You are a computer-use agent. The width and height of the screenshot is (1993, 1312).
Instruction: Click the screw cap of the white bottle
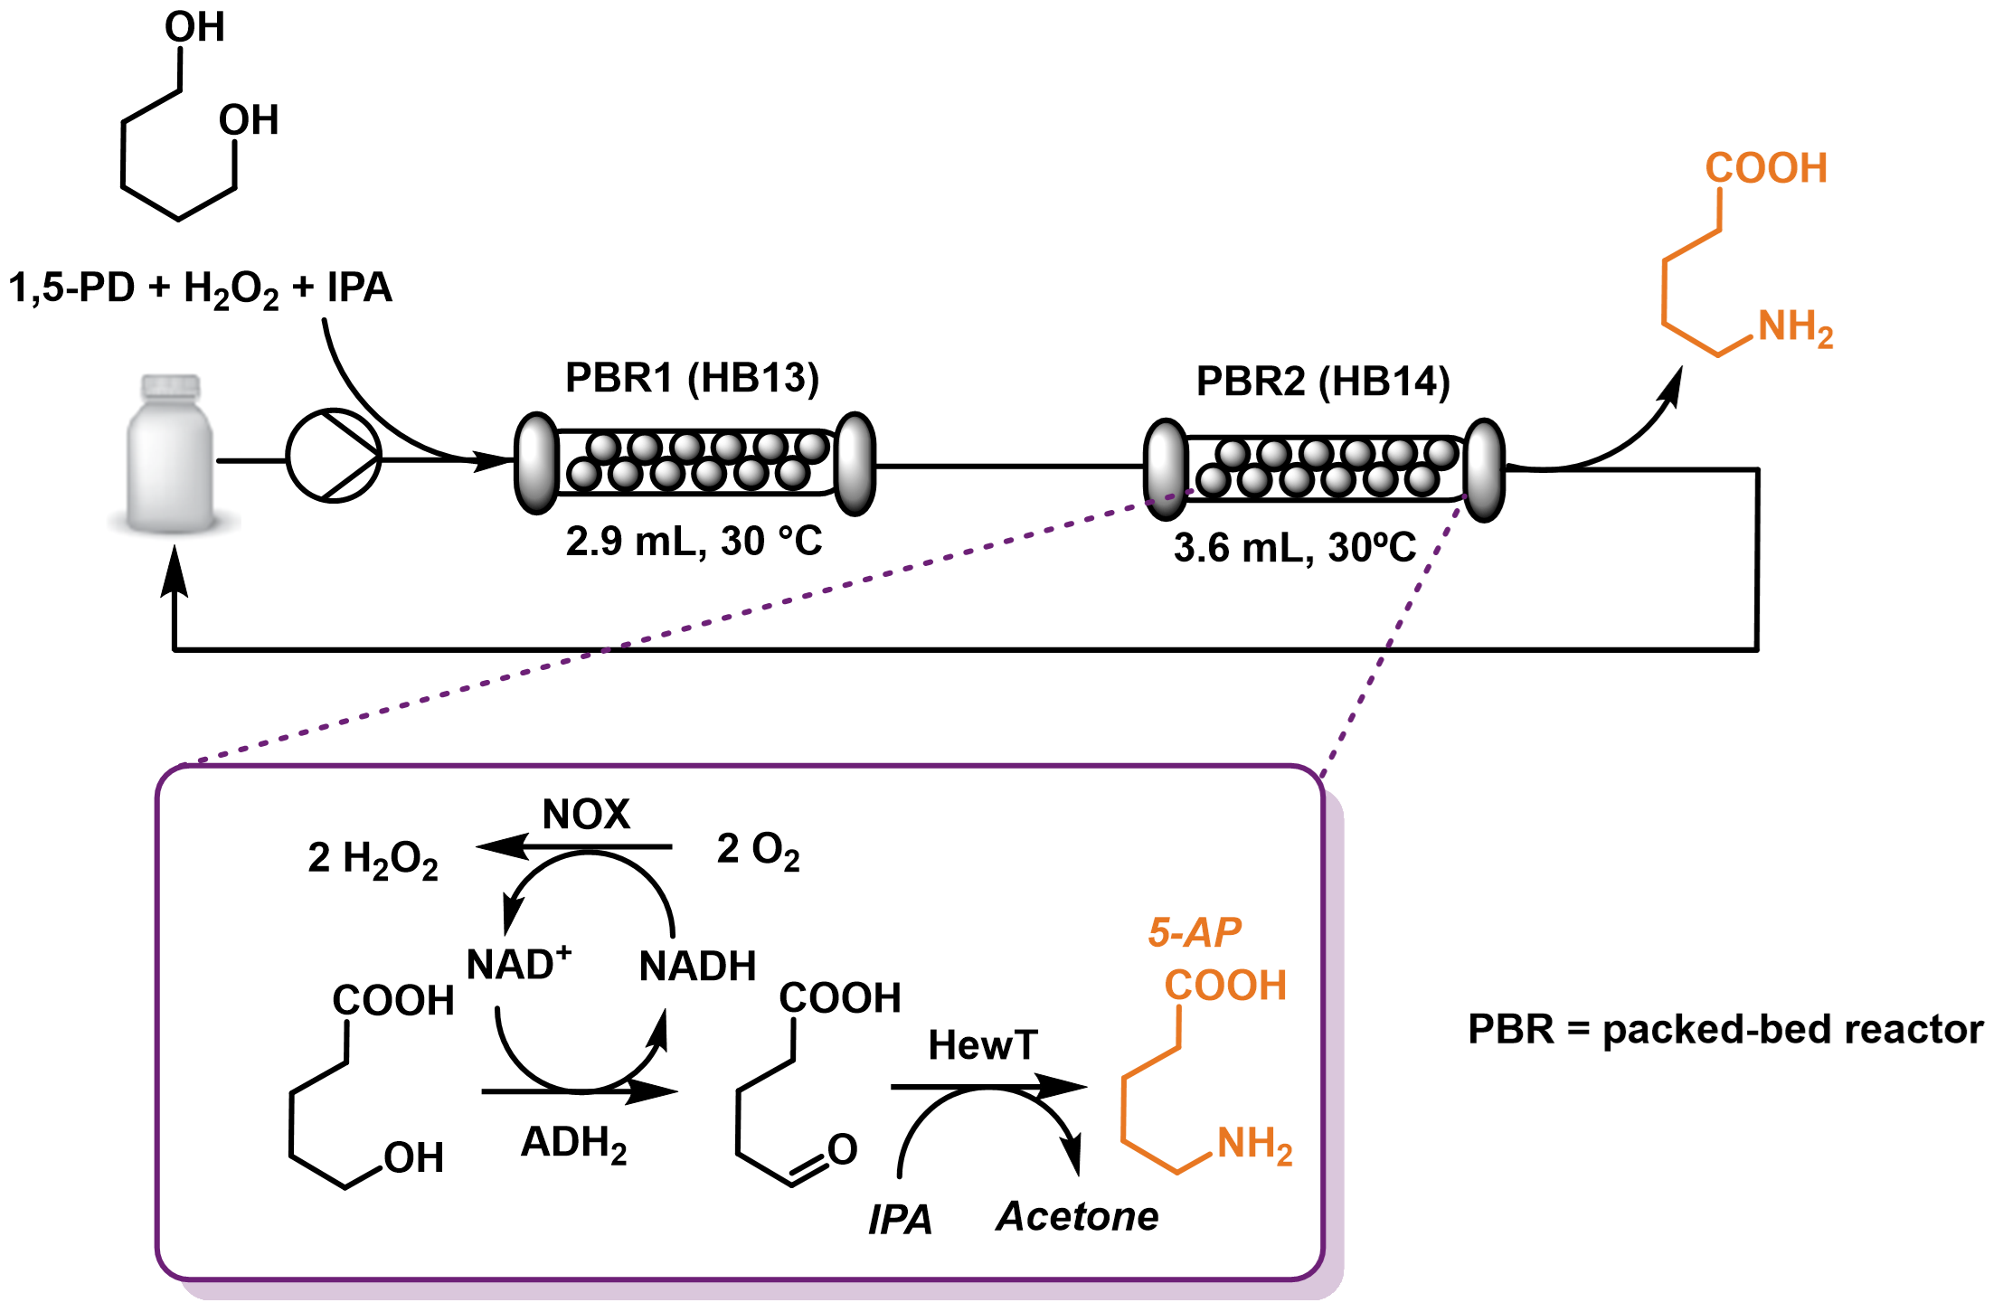click(x=170, y=385)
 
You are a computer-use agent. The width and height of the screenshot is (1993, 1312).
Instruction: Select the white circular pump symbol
click(x=333, y=456)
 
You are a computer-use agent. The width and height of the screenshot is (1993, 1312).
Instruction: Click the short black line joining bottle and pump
click(x=230, y=461)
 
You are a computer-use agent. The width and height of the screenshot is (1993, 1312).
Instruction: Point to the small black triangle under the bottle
click(x=175, y=554)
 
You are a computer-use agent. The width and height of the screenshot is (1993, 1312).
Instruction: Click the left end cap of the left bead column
click(x=536, y=463)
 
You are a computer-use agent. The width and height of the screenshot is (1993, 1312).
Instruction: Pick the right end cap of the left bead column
click(x=855, y=463)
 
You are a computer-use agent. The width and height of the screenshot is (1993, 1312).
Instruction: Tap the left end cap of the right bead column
click(x=1166, y=469)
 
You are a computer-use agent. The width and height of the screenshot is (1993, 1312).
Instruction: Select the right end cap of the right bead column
click(x=1484, y=469)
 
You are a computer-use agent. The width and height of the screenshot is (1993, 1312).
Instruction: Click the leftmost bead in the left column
click(x=584, y=473)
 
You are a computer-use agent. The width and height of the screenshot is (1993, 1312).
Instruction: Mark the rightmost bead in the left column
click(x=812, y=447)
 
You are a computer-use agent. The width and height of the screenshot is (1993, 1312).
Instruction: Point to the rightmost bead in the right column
click(x=1441, y=453)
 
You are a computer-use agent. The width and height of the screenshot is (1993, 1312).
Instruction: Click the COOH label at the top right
click(x=1766, y=168)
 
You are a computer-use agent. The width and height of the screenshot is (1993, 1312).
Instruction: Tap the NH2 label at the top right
click(x=1795, y=327)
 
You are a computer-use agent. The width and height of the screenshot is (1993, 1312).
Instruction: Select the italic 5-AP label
click(x=1195, y=932)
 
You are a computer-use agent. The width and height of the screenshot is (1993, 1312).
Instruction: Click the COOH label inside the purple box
click(x=1225, y=986)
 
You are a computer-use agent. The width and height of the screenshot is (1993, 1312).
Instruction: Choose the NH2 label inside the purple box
click(x=1254, y=1145)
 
